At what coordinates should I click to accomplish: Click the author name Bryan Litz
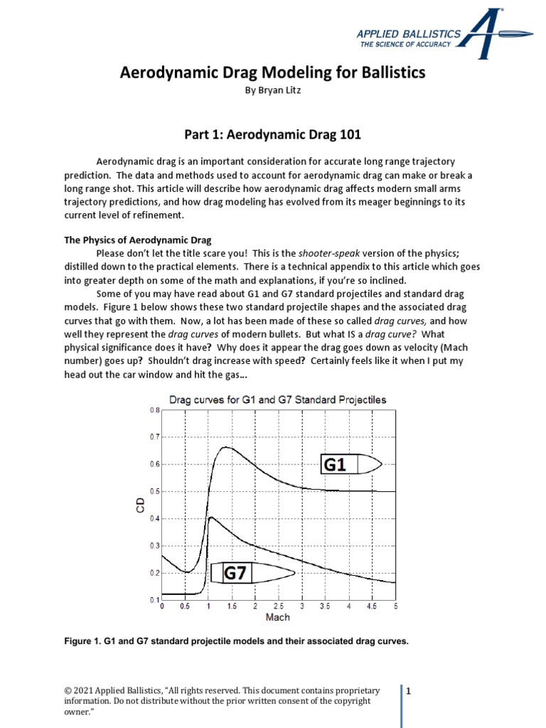pos(272,90)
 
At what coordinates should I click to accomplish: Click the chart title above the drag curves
pos(277,400)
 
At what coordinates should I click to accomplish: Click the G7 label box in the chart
pos(236,573)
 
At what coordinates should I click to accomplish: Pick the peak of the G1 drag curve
pos(226,447)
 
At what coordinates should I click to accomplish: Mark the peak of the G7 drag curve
pos(210,517)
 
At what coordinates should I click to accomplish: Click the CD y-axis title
pos(141,505)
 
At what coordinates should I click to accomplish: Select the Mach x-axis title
pos(277,617)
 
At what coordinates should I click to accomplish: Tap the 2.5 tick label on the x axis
pos(278,607)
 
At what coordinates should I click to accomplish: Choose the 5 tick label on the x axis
pos(395,607)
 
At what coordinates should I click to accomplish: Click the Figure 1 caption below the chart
pos(236,641)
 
